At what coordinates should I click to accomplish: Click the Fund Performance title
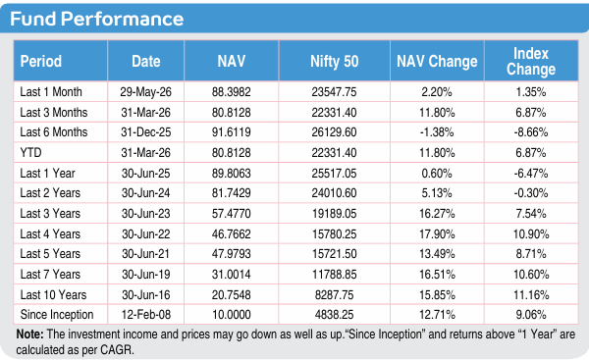96,19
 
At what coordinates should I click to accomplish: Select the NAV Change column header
437,61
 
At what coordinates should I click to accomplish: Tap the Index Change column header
531,61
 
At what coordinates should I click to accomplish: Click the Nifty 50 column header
335,61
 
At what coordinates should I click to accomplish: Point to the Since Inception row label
57,315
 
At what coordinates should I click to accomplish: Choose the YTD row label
30,153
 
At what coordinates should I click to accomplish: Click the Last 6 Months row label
54,132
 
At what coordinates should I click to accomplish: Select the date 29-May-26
145,92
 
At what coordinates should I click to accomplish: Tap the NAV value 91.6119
231,132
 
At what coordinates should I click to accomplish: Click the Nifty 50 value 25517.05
334,174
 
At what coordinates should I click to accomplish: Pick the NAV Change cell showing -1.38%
437,132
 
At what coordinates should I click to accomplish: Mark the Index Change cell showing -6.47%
531,174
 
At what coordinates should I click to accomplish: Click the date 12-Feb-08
145,315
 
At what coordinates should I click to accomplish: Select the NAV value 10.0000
231,315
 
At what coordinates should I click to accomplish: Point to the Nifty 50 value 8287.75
334,295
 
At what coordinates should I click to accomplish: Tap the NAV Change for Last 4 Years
437,234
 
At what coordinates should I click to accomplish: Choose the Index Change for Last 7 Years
531,275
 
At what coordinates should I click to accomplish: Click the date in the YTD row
145,153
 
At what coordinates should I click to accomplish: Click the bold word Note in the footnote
29,334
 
